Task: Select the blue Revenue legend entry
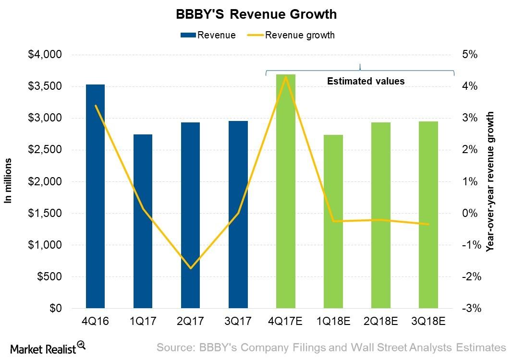208,35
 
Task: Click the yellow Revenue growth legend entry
291,35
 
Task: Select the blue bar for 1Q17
143,221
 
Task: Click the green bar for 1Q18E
333,221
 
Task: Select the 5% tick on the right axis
470,55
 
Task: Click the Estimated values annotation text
366,81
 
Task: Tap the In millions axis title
8,180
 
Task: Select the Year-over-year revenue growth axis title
490,181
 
